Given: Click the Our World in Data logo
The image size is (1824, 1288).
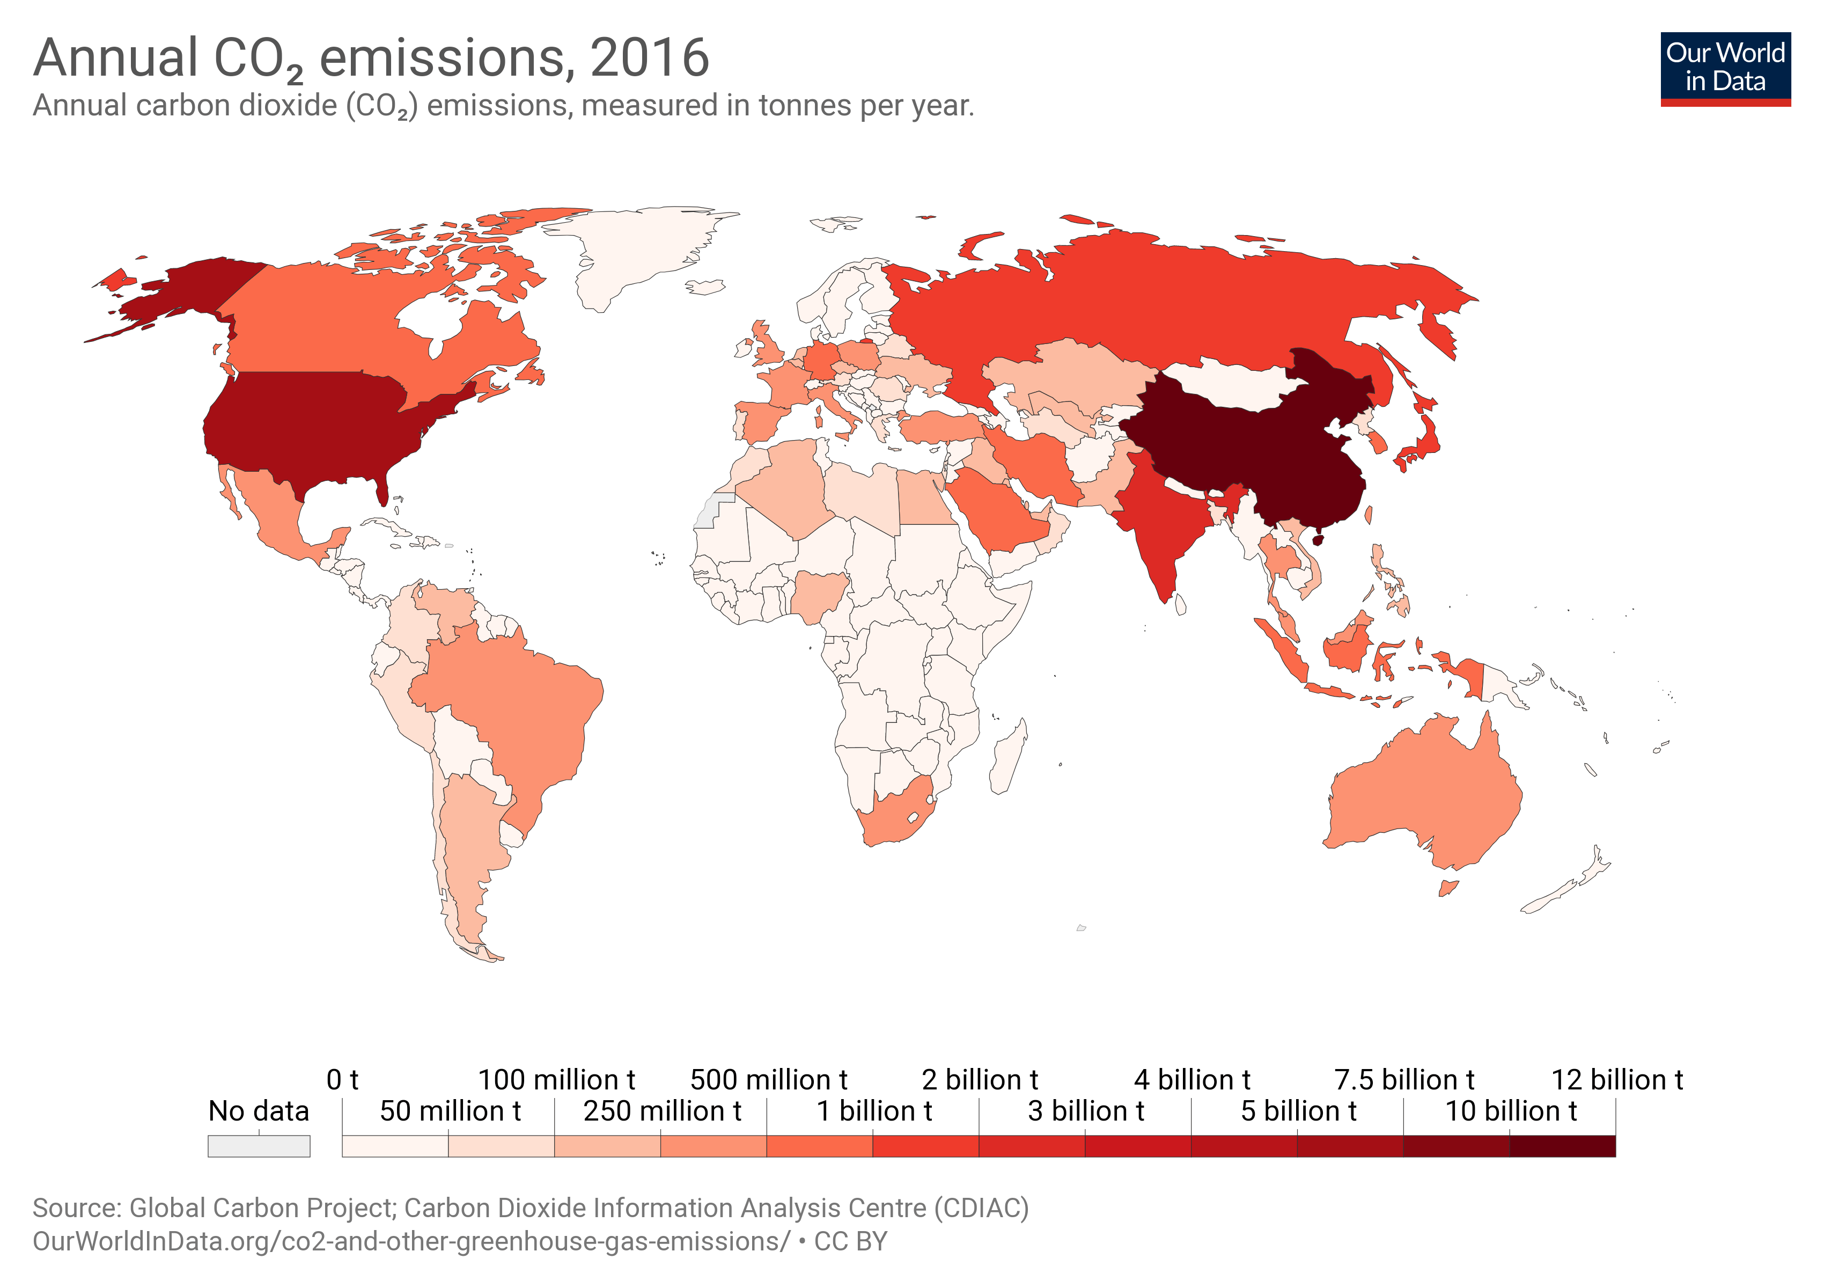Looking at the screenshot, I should [1725, 68].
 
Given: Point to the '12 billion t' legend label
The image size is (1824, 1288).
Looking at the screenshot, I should [1617, 1080].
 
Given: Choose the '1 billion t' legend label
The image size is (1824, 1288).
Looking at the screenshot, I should [874, 1111].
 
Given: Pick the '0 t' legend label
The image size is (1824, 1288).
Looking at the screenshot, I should [342, 1080].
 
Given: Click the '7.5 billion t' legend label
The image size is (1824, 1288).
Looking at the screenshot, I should [1404, 1080].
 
